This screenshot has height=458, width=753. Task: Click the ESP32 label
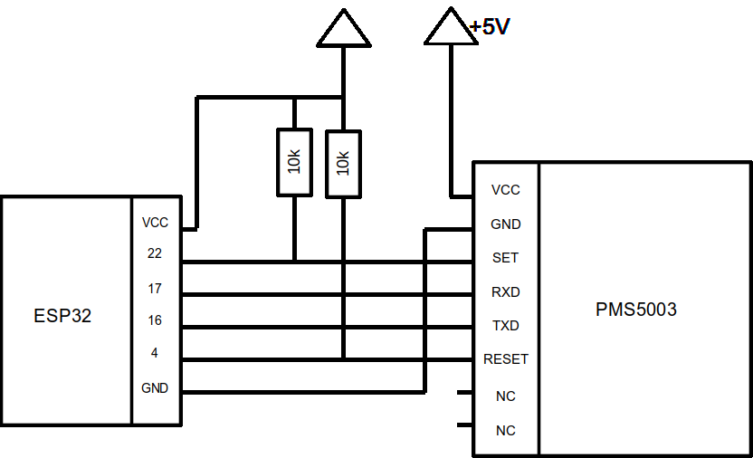coord(62,317)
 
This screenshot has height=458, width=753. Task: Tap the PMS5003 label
coord(635,310)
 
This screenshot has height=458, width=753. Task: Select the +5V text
coord(491,27)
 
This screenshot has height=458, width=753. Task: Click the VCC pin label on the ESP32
coord(155,223)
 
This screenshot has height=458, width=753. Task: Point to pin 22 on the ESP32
coord(154,254)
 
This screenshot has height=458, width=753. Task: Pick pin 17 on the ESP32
coord(154,289)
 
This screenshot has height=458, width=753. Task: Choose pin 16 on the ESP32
coord(154,320)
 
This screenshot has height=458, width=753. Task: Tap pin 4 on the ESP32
coord(154,353)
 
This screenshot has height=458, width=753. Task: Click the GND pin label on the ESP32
coord(155,387)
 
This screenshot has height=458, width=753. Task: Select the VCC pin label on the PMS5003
coord(505,190)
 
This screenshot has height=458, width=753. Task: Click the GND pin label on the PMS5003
coord(505,224)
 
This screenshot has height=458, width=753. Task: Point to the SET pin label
coord(505,258)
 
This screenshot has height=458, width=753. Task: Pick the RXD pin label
coord(505,292)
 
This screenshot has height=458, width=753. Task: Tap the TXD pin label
coord(505,325)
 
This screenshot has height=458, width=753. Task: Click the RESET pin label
coord(506,359)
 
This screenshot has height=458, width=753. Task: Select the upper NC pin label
coord(506,396)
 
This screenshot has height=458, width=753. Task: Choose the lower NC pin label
coord(506,431)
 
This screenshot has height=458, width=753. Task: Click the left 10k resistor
coord(294,162)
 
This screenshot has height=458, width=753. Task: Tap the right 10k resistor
coord(343,163)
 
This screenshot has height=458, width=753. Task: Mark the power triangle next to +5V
coord(450,27)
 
